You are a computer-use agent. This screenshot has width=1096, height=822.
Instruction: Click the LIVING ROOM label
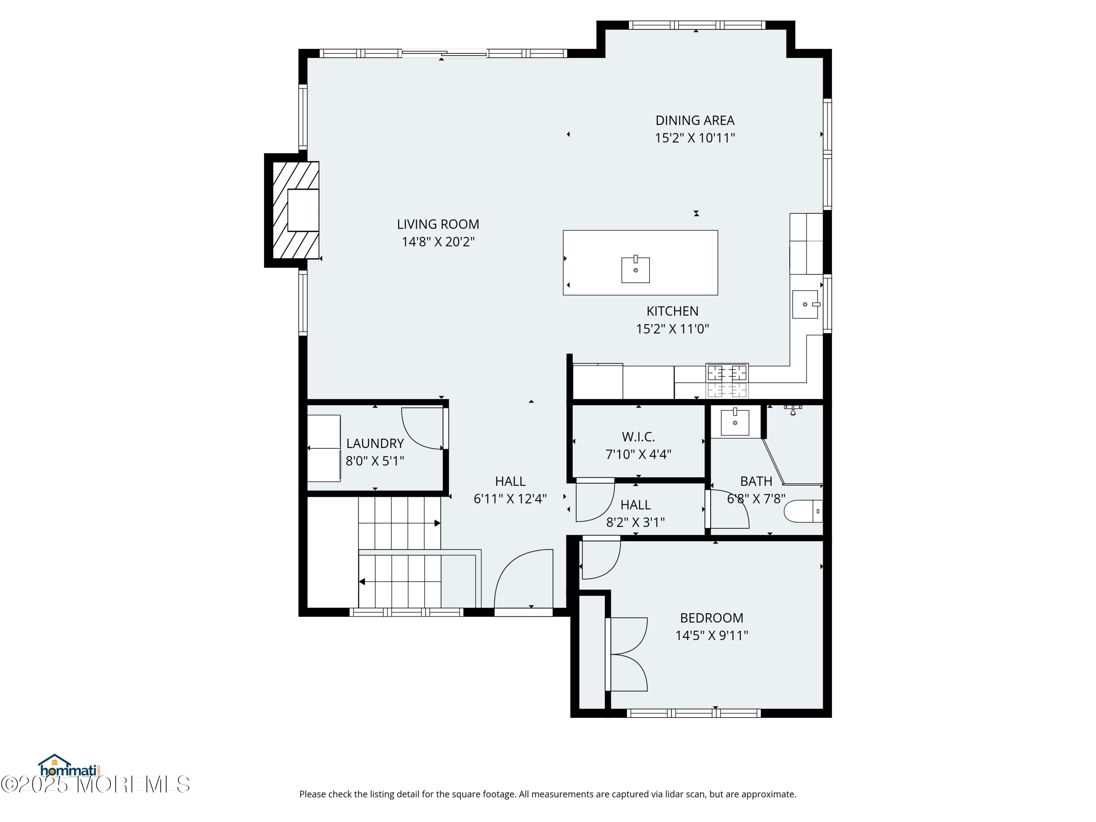(438, 224)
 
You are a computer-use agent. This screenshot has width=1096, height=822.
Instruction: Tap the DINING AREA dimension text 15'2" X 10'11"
(695, 138)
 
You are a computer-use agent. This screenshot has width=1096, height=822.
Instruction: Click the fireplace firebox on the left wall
(303, 210)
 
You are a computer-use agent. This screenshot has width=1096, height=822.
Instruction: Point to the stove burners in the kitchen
(727, 381)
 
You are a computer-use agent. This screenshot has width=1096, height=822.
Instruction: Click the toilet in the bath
(803, 511)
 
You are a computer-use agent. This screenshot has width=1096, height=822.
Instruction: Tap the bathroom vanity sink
(735, 422)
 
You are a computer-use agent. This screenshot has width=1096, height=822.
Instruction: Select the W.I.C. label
(638, 437)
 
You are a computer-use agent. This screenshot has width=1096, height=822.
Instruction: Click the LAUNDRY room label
(375, 444)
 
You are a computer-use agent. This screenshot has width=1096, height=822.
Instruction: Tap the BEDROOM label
(712, 618)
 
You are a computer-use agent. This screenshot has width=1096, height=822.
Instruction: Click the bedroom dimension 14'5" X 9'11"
(712, 636)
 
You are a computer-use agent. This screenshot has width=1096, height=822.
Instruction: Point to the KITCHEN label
(672, 311)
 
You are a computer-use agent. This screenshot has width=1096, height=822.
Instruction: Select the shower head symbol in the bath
(793, 409)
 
